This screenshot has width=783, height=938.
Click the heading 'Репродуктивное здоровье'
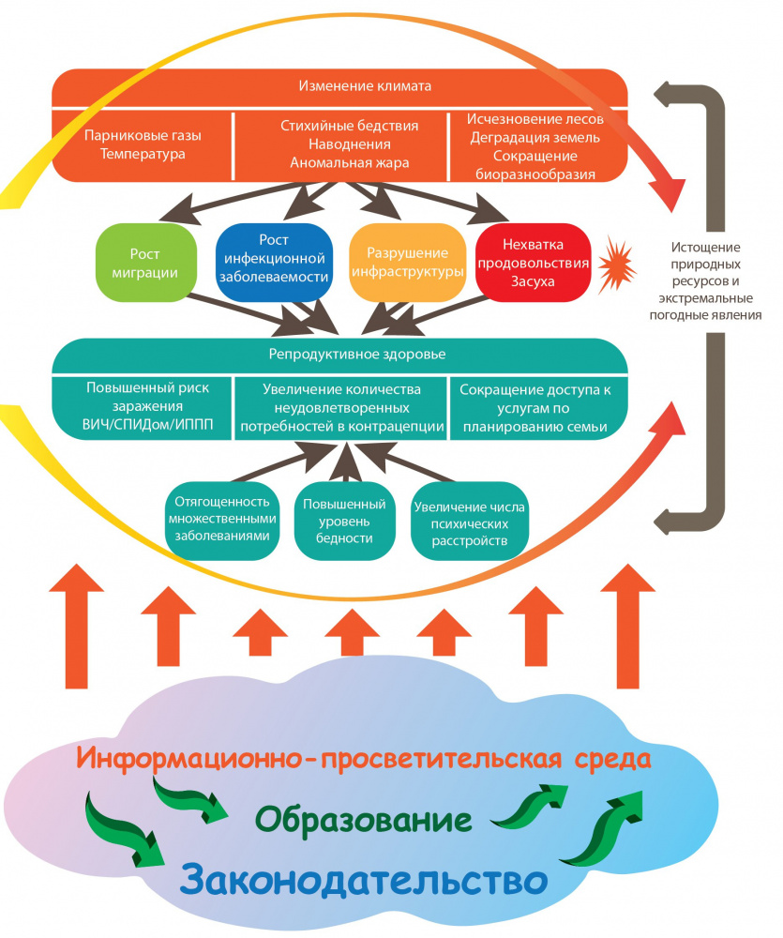pos(339,355)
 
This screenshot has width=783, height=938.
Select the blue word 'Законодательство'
pos(363,879)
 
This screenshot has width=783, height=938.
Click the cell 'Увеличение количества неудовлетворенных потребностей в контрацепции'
pos(342,406)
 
